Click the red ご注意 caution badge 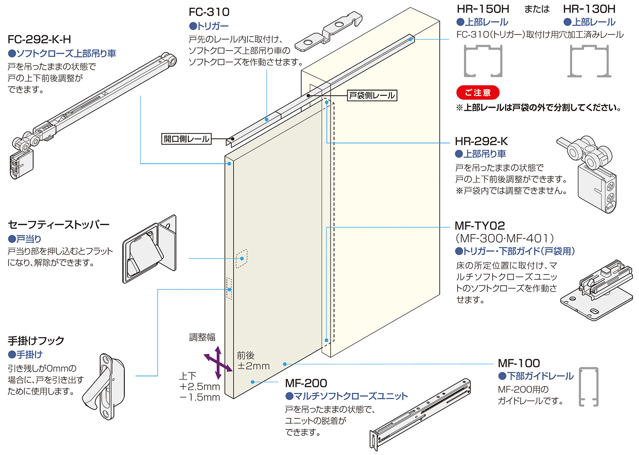pyautogui.click(x=478, y=92)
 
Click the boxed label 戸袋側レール pyautogui.click(x=372, y=95)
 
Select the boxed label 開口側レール pyautogui.click(x=187, y=139)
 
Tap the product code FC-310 pyautogui.click(x=209, y=12)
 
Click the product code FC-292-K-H pyautogui.click(x=39, y=40)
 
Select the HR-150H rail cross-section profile pyautogui.click(x=483, y=61)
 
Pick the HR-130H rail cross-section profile pyautogui.click(x=589, y=61)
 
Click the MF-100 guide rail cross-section pyautogui.click(x=589, y=386)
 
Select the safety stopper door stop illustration pyautogui.click(x=149, y=249)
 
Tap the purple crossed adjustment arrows pyautogui.click(x=218, y=363)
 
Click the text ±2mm pyautogui.click(x=254, y=366)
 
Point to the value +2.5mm pyautogui.click(x=199, y=386)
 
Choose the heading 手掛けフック pyautogui.click(x=36, y=341)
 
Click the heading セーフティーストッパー pyautogui.click(x=59, y=225)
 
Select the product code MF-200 pyautogui.click(x=306, y=383)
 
